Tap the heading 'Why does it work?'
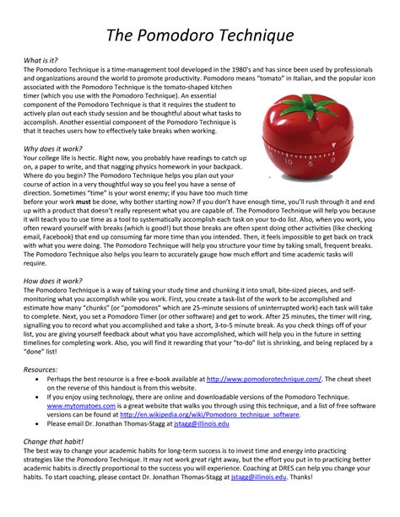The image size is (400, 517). [x=52, y=148]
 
